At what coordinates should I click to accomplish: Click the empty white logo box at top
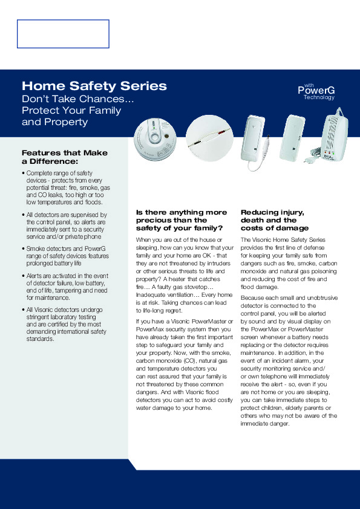point(63,34)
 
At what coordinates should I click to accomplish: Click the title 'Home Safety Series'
point(94,86)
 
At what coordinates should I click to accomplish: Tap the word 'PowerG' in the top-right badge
point(316,91)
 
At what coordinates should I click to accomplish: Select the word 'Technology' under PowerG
point(319,97)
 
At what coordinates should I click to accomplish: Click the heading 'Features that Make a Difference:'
point(64,157)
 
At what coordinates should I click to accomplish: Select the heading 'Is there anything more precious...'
point(182,220)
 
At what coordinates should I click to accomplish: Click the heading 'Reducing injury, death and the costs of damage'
point(274,220)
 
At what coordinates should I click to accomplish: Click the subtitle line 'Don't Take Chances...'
point(77,99)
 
